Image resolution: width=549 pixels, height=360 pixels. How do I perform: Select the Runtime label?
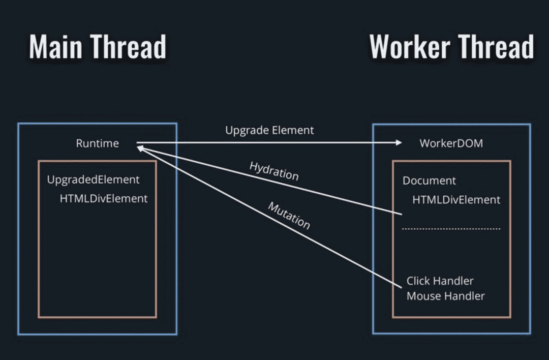(97, 143)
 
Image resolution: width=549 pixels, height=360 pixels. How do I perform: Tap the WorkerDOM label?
(451, 143)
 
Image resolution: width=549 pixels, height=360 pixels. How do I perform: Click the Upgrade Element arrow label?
(269, 130)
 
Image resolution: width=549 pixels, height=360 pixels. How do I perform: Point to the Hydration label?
(273, 171)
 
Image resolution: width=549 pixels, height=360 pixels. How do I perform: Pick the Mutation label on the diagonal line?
(289, 216)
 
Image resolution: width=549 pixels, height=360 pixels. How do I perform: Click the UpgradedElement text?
(93, 179)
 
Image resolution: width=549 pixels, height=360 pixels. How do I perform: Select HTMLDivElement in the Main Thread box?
(104, 198)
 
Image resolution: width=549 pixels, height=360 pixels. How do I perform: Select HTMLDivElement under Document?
(456, 200)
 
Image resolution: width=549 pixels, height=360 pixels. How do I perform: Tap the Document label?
(429, 181)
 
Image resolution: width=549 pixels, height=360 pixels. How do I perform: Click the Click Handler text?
(440, 281)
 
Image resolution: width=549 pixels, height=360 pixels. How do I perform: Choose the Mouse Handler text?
(445, 296)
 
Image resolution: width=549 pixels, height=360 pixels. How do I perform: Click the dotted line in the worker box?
(451, 229)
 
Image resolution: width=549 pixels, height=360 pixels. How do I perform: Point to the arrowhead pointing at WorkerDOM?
(399, 143)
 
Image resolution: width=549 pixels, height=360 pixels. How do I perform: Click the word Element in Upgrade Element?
(292, 130)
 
